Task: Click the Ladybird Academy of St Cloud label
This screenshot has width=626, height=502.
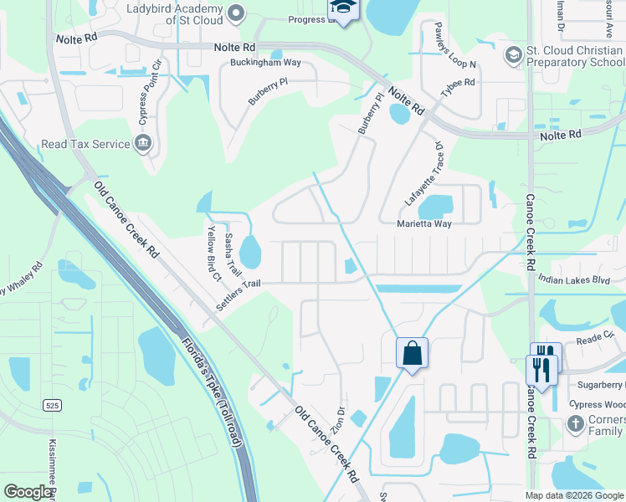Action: tap(174, 10)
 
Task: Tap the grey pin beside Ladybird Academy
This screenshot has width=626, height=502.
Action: tap(235, 12)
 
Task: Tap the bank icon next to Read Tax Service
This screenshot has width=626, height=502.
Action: tap(143, 144)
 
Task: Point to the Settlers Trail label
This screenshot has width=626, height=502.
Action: tap(239, 295)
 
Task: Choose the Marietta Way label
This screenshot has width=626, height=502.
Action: tap(423, 224)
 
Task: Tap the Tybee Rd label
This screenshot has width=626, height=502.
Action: tap(458, 82)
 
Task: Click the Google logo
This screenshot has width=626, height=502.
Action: tap(28, 492)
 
